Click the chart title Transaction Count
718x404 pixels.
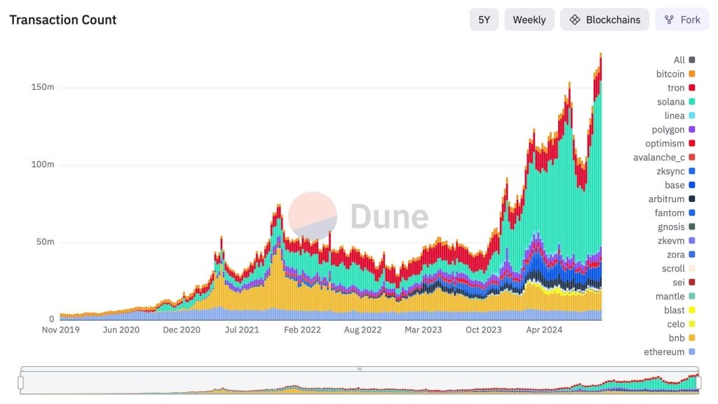click(x=63, y=20)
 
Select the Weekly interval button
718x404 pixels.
click(x=529, y=20)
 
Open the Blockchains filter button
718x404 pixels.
click(x=604, y=20)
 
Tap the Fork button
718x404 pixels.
click(x=682, y=20)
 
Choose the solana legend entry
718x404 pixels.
click(x=671, y=102)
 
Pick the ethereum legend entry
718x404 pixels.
click(x=664, y=352)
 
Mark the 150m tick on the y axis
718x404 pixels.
click(x=43, y=87)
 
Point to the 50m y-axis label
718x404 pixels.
click(x=45, y=242)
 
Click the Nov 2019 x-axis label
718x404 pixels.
click(x=61, y=330)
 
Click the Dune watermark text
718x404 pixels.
click(x=389, y=216)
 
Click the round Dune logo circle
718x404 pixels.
click(x=313, y=216)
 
